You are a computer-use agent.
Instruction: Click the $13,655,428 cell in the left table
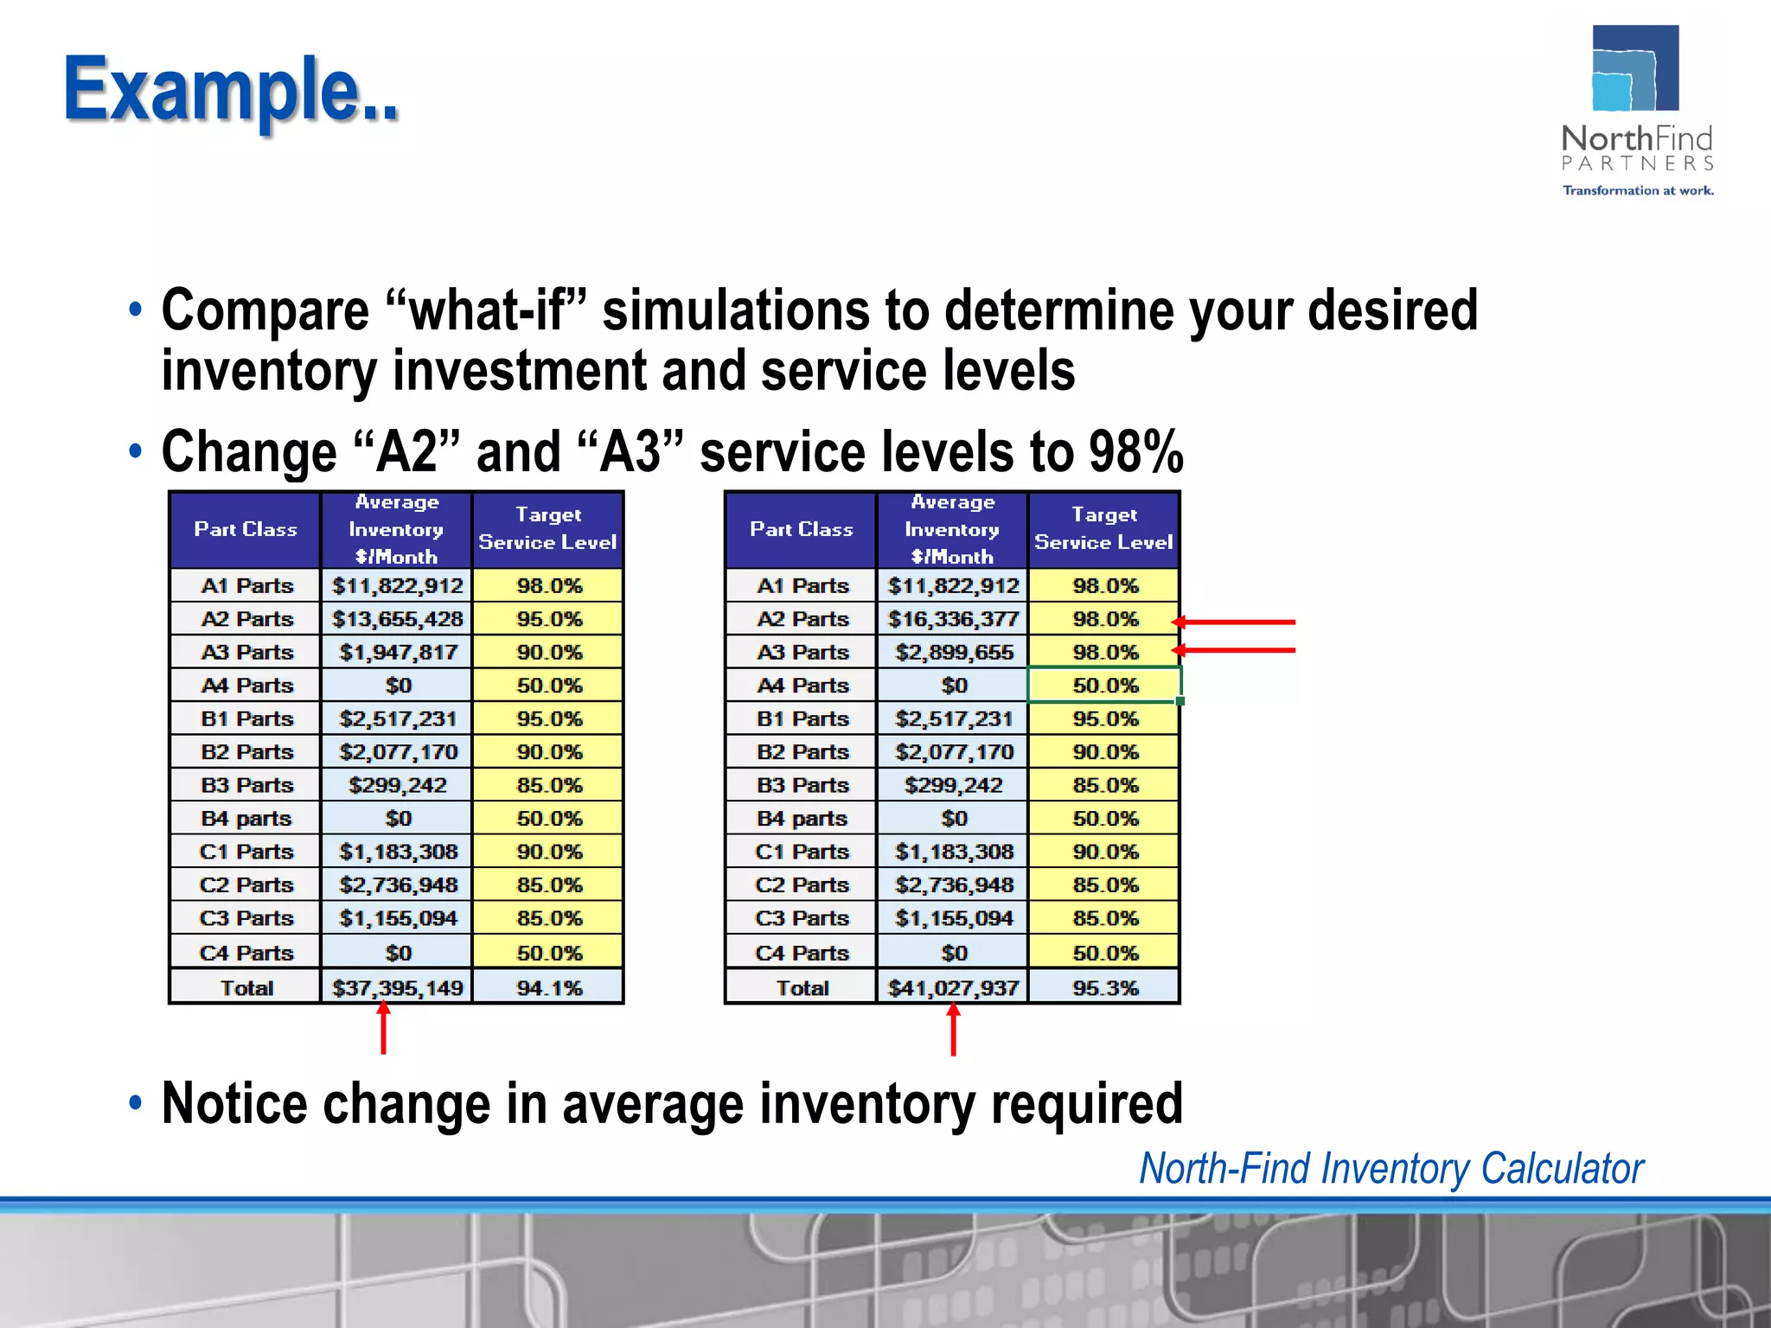point(397,619)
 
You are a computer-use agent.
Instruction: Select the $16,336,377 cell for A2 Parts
point(953,619)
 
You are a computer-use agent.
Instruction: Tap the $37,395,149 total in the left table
point(397,987)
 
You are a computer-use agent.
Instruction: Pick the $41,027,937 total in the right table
point(953,987)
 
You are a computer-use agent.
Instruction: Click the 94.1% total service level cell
point(549,987)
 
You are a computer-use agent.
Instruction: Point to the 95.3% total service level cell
point(1105,987)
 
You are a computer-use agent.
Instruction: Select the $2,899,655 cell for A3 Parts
point(953,652)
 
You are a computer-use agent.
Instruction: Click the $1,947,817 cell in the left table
point(397,652)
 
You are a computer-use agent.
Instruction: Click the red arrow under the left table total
point(383,1028)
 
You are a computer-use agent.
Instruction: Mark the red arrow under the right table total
point(953,1030)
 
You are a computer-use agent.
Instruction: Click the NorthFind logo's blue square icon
point(1634,69)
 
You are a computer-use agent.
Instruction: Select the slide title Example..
point(231,89)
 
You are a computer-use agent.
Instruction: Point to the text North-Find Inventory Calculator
point(1391,1169)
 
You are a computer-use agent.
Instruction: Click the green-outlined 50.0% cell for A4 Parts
point(1105,685)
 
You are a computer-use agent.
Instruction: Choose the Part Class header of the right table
point(801,529)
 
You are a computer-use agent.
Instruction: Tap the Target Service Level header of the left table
point(547,528)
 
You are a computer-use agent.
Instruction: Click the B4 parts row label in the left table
point(246,818)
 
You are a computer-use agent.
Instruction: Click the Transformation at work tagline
point(1637,190)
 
